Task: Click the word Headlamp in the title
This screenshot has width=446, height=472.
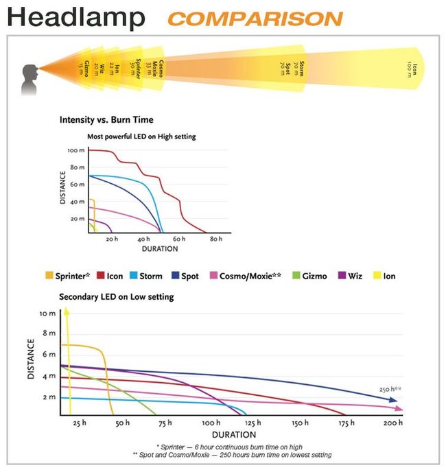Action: click(77, 18)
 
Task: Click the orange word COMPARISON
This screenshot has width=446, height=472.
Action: click(255, 19)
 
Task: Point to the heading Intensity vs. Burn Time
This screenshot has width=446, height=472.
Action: click(106, 120)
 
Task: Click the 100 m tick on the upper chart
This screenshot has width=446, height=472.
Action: click(76, 150)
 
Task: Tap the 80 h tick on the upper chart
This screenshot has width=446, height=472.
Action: click(216, 239)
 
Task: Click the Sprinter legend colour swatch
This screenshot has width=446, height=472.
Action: click(49, 276)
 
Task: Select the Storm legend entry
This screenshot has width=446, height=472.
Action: click(147, 276)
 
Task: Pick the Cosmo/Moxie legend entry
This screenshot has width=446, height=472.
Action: click(249, 276)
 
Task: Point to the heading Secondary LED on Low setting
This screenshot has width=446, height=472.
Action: click(117, 296)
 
